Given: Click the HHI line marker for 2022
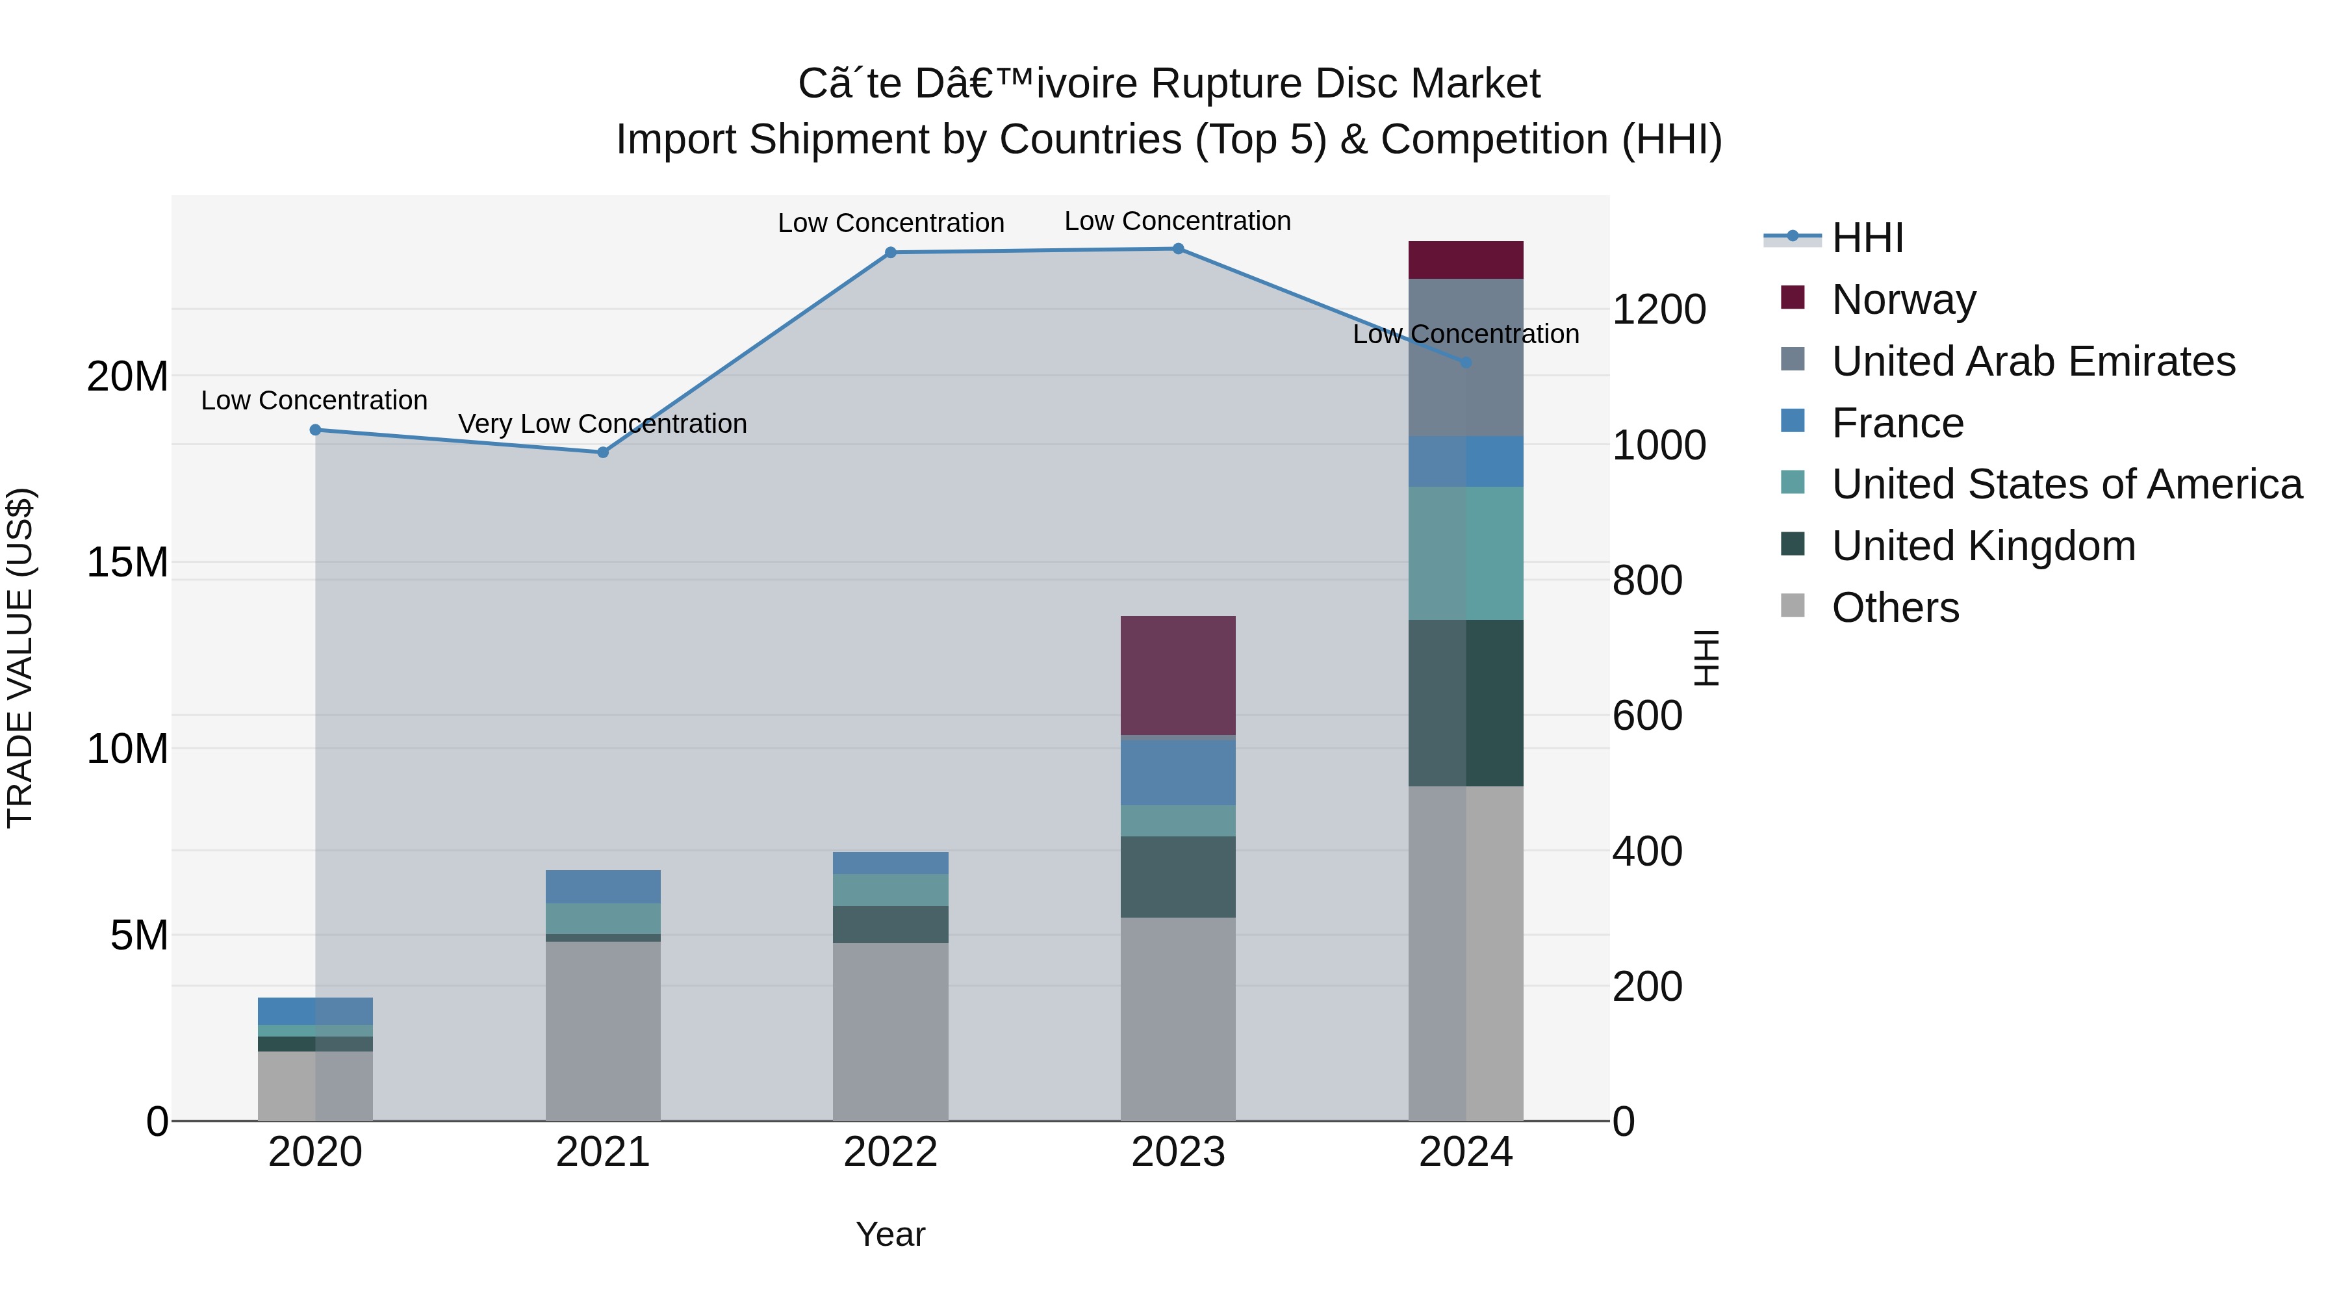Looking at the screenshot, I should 890,253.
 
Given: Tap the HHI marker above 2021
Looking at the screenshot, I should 603,452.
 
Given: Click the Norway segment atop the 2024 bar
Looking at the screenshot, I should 1466,260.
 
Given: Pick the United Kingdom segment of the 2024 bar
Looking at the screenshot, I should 1466,703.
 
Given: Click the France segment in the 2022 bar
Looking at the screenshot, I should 890,863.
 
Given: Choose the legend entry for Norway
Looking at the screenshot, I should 1903,300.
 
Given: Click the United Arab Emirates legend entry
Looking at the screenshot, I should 2033,361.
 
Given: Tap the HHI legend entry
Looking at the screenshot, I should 1867,238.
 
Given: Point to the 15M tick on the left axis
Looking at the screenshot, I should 127,563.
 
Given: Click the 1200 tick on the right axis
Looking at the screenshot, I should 1658,310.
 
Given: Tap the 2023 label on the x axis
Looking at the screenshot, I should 1178,1152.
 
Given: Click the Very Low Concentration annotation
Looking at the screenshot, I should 602,424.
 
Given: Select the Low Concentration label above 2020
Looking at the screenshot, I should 314,400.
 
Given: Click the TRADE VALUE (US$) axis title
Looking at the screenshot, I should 20,658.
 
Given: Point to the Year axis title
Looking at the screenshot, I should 890,1234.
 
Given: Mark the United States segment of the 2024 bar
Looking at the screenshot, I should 1466,553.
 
